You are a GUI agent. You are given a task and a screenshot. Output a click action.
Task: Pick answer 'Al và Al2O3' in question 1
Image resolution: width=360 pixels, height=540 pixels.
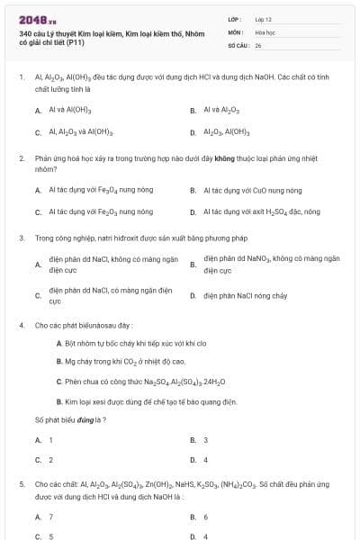(x=220, y=110)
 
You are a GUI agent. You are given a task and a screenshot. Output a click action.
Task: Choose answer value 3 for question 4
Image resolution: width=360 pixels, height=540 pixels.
(x=205, y=440)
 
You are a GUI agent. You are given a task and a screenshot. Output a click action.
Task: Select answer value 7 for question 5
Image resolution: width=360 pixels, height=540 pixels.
(x=50, y=517)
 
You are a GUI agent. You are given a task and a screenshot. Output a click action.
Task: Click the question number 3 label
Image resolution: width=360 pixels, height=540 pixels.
(x=21, y=239)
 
